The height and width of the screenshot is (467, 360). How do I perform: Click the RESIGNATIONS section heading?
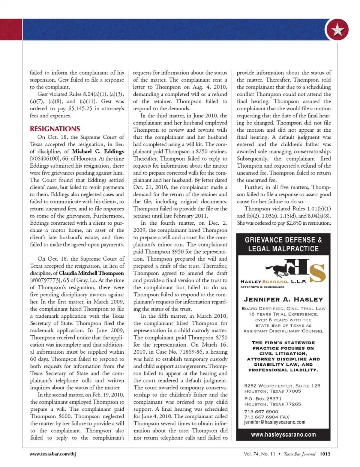(x=55, y=129)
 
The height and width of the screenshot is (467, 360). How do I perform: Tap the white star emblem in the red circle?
(x=337, y=30)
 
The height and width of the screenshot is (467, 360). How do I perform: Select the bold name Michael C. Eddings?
(x=98, y=151)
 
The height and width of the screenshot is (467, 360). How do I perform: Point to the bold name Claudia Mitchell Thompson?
(x=91, y=273)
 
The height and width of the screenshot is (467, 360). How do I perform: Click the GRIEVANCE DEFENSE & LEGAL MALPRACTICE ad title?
(x=283, y=244)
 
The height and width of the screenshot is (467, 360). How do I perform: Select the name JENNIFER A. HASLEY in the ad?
(x=283, y=299)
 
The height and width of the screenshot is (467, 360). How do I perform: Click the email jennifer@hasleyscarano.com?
(x=274, y=422)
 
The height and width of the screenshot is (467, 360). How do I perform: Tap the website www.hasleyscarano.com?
(x=283, y=435)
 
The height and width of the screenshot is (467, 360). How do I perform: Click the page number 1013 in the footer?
(x=325, y=454)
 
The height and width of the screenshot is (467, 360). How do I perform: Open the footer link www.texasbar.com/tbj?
(x=53, y=454)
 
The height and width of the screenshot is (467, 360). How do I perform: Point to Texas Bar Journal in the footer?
(x=299, y=454)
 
